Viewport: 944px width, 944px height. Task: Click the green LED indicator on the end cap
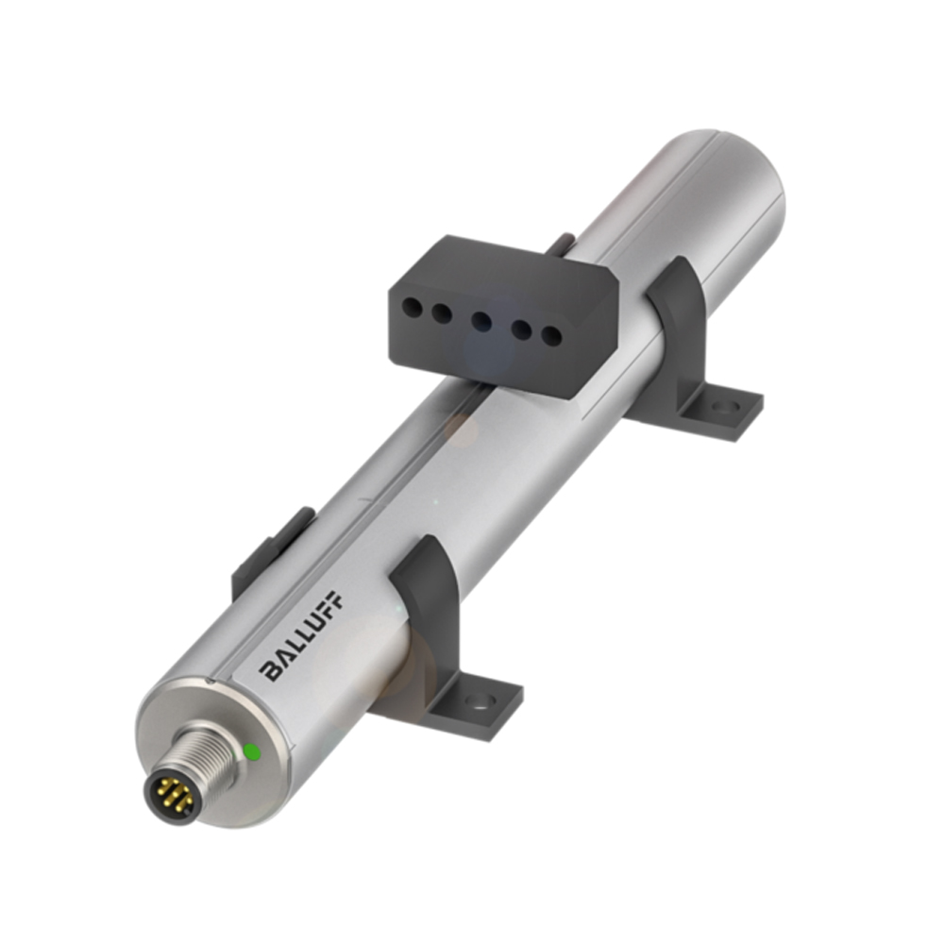click(252, 751)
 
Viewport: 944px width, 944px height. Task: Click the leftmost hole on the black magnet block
click(410, 305)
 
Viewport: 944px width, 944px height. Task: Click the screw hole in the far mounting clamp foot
click(724, 407)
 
